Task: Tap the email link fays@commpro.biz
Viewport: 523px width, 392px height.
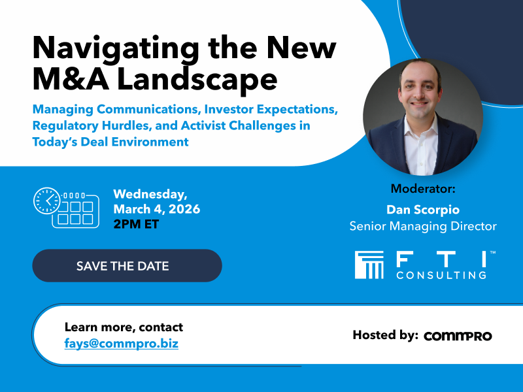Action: pyautogui.click(x=121, y=343)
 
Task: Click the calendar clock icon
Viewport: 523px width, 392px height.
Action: pyautogui.click(x=65, y=208)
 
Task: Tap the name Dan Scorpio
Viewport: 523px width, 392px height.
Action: pyautogui.click(x=422, y=210)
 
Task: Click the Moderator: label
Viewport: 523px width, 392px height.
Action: pyautogui.click(x=422, y=189)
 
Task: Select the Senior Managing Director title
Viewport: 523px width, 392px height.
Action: pyautogui.click(x=422, y=227)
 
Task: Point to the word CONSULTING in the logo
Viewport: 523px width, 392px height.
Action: pyautogui.click(x=441, y=276)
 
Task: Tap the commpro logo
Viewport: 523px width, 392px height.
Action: pyautogui.click(x=458, y=336)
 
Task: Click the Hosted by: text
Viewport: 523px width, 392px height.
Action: pyautogui.click(x=385, y=335)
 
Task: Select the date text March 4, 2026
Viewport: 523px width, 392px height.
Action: pyautogui.click(x=157, y=210)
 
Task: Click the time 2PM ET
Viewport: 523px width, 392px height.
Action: pyautogui.click(x=136, y=225)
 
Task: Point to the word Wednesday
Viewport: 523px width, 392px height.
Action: pyautogui.click(x=150, y=194)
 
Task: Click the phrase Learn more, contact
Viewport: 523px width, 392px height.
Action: pyautogui.click(x=124, y=327)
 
